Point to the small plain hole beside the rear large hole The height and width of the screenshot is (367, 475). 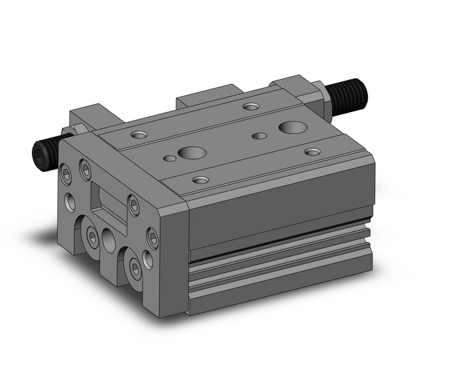click(258, 136)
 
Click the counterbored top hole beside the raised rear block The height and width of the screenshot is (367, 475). click(251, 106)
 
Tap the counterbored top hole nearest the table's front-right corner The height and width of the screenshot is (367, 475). click(200, 180)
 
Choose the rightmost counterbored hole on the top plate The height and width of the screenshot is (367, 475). click(312, 151)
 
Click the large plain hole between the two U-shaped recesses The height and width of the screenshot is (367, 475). click(110, 239)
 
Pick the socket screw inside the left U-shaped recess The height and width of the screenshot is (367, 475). click(92, 236)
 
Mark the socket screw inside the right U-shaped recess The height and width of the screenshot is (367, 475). click(135, 267)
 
